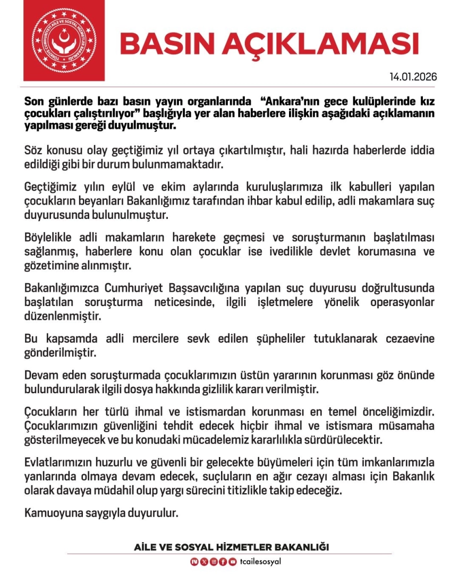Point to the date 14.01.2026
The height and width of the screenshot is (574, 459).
coord(413,77)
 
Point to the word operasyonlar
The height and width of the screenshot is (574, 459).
coord(404,302)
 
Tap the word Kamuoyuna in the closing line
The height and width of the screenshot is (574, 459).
coord(49,514)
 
